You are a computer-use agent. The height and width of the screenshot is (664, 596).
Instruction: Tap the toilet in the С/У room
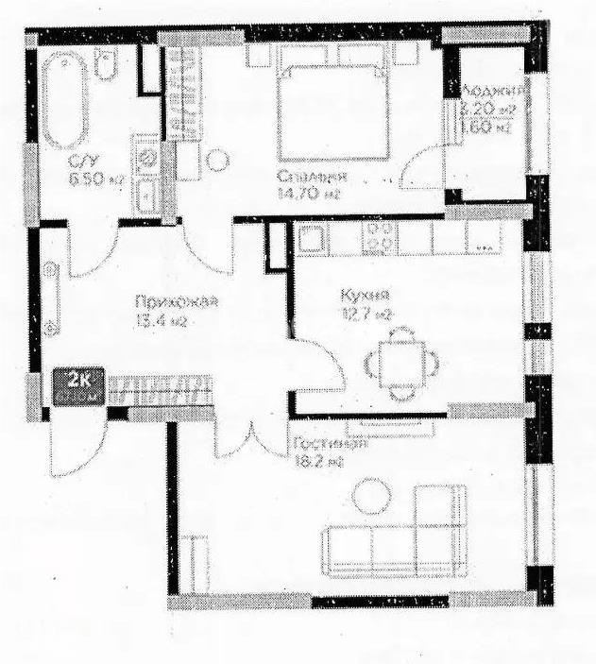[109, 67]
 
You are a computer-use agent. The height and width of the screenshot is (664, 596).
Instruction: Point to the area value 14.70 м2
[308, 195]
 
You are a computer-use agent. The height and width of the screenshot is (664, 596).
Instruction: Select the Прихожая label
[178, 302]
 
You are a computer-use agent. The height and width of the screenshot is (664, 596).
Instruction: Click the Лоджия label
[492, 92]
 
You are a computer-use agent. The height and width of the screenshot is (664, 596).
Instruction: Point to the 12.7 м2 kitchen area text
[365, 313]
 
